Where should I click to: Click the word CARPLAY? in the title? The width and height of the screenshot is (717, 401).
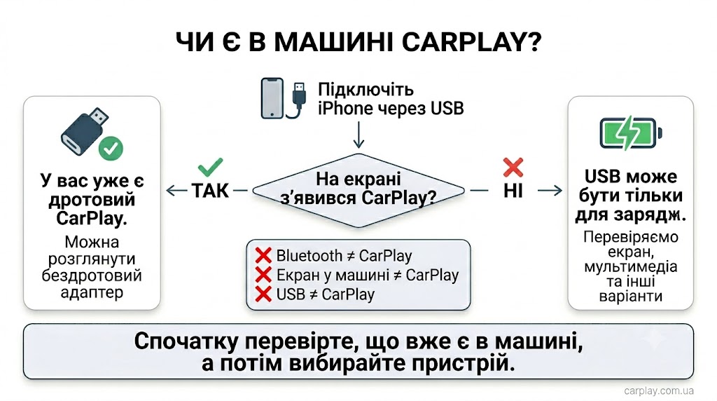pos(471,42)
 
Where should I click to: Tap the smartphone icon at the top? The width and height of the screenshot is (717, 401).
pos(272,98)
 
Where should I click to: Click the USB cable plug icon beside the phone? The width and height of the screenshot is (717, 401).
pos(298,100)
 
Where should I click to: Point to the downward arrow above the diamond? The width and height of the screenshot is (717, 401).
pos(359,135)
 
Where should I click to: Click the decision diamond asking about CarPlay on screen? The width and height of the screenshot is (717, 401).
pos(358,190)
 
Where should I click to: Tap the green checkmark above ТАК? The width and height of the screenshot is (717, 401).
pos(210,167)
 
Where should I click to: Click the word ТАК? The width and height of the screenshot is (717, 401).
pos(210,191)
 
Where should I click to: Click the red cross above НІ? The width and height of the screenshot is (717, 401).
pos(513,167)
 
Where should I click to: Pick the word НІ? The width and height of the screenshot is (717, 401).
pos(513,191)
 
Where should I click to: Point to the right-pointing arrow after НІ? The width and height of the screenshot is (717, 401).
pos(550,191)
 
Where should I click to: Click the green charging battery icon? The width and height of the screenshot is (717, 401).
pos(631,133)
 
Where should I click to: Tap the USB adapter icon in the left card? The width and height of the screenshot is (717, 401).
pos(85,132)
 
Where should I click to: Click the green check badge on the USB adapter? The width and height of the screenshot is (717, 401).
pos(111,149)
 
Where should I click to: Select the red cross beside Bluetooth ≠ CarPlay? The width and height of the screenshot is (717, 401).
pos(263,255)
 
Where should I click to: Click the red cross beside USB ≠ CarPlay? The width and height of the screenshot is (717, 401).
pos(263,294)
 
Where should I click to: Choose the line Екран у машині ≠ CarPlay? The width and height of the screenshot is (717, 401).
pos(368,275)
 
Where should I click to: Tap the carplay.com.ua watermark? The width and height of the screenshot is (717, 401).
pos(659,391)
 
